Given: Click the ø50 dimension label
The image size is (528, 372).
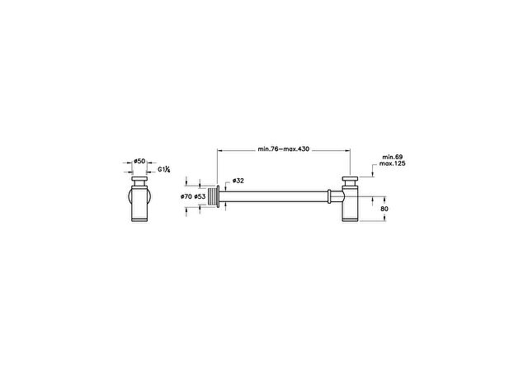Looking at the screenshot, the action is click(139, 161).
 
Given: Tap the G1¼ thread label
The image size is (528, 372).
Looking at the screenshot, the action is click(164, 169).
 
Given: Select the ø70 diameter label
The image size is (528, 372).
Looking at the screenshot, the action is click(186, 196).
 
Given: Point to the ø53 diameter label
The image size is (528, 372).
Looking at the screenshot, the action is click(200, 196).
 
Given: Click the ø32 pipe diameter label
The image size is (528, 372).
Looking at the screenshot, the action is click(238, 181).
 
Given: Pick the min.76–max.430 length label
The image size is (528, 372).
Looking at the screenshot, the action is click(284, 149).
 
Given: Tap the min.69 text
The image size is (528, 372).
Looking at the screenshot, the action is click(393, 157).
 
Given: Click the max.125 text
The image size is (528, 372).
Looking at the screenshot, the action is click(393, 163).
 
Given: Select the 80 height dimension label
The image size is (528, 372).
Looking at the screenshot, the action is click(384, 209).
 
